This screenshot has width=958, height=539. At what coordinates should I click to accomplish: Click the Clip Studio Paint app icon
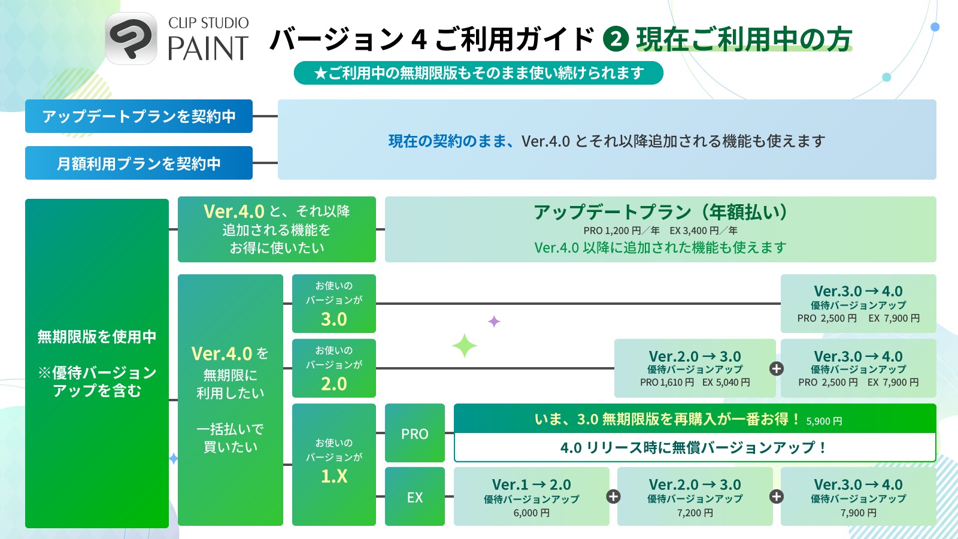point(131,38)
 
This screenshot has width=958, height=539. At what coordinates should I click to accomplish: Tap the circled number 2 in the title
point(616,39)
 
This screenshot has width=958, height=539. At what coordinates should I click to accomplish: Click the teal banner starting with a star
point(478,73)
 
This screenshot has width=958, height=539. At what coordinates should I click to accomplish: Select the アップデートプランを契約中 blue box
point(139,116)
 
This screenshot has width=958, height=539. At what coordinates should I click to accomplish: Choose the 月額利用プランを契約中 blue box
point(139,163)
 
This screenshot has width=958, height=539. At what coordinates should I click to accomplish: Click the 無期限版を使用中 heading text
point(97,337)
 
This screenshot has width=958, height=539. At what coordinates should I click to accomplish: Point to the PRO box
point(414,434)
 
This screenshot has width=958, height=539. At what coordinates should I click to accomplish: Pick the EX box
point(414,497)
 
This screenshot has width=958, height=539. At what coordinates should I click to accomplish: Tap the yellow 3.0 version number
point(334,319)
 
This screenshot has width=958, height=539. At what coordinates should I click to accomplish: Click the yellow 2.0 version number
point(334,384)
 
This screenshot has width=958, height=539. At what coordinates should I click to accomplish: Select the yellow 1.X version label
point(334,476)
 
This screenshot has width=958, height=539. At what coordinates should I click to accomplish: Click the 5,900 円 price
point(824,421)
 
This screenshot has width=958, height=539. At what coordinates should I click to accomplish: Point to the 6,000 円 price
point(531,513)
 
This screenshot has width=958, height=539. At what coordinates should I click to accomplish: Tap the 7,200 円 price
point(695,513)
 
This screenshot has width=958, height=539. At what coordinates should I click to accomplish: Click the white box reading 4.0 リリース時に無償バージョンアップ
point(695,447)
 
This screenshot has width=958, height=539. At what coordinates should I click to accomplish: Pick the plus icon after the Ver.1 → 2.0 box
point(613,496)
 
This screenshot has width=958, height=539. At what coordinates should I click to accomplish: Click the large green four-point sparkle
point(464,346)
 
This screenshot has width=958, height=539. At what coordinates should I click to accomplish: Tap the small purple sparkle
point(494,322)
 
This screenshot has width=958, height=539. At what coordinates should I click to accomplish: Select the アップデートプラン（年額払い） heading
point(660,212)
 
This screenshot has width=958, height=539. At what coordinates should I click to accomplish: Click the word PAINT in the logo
point(208,49)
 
